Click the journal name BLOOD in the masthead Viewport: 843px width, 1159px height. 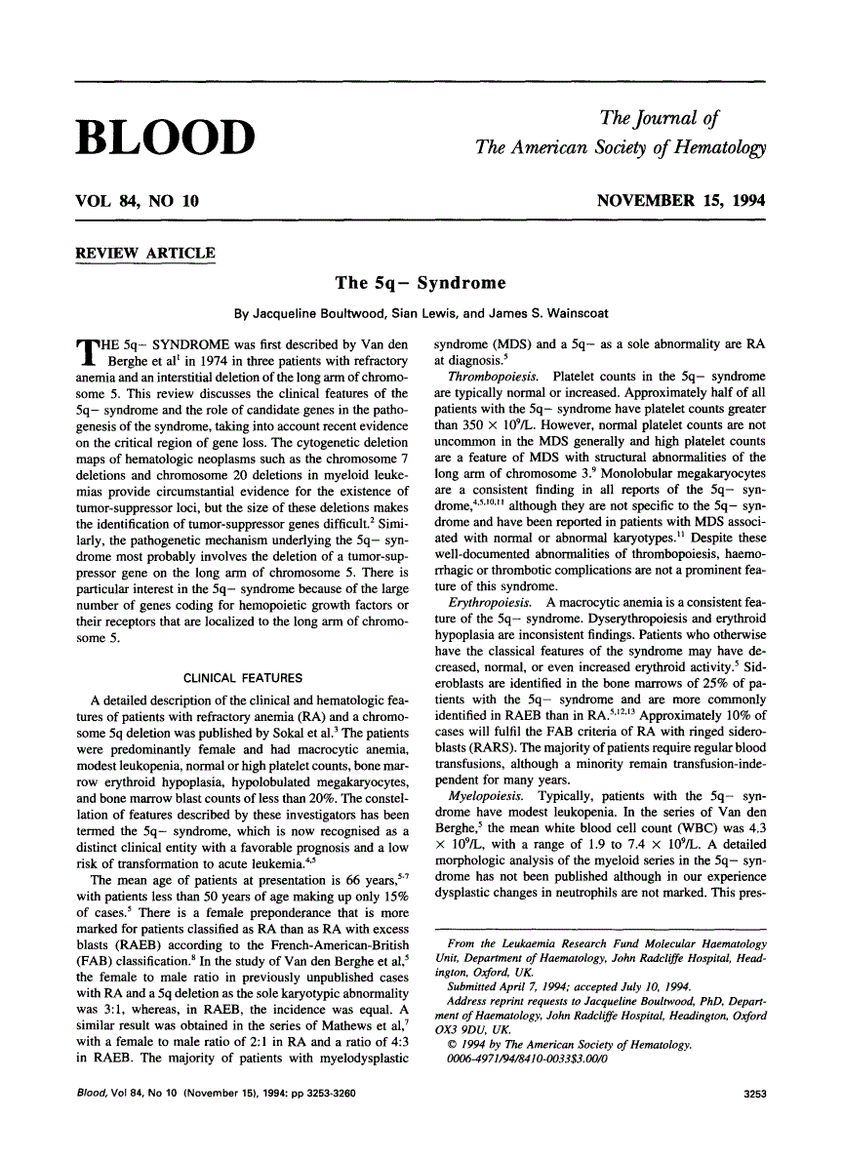coord(165,137)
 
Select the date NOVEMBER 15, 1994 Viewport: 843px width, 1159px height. coord(681,202)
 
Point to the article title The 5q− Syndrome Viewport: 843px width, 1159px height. coord(421,284)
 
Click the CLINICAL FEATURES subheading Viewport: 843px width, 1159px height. coord(243,678)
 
